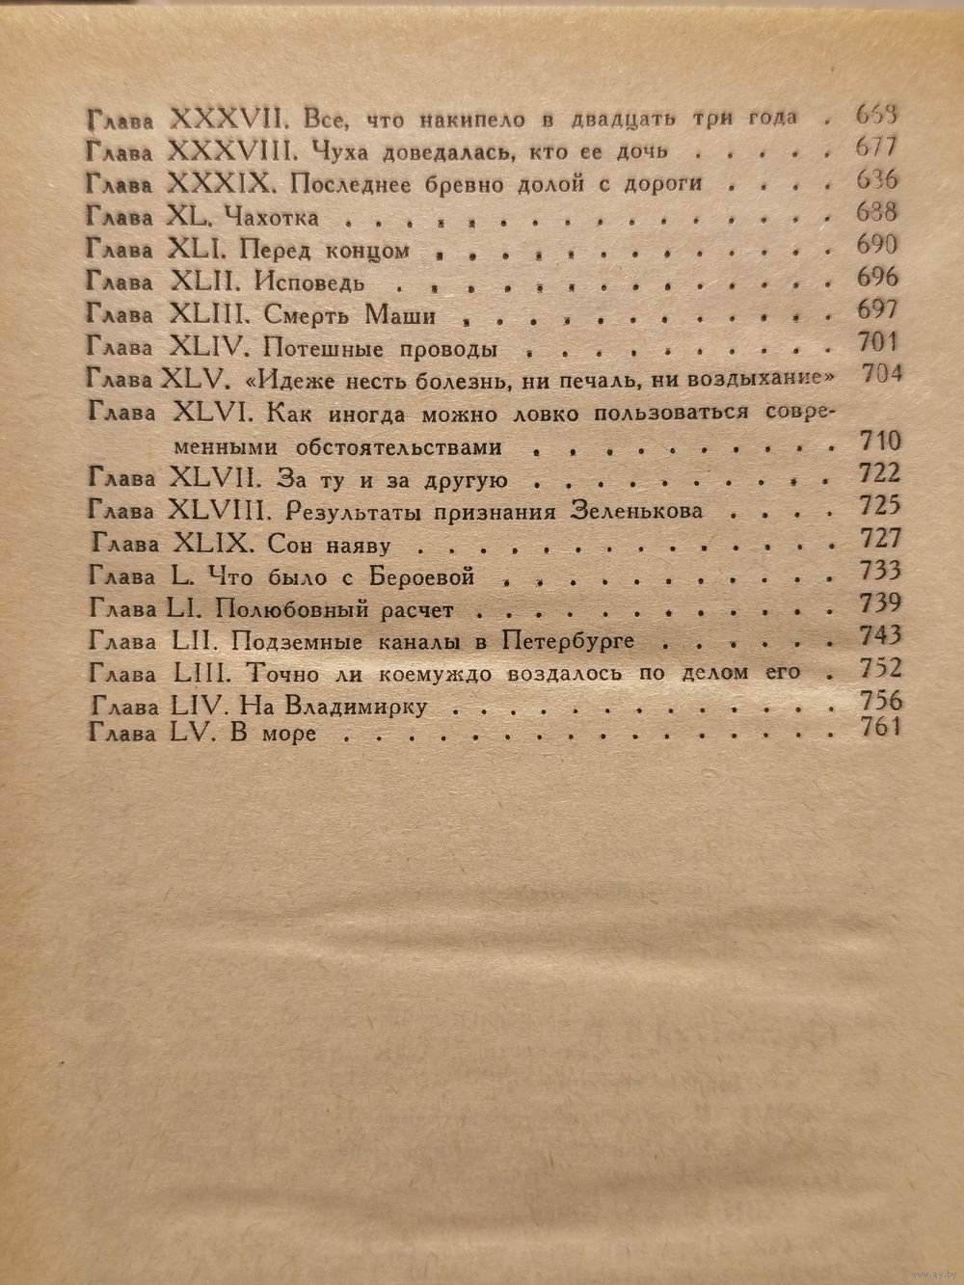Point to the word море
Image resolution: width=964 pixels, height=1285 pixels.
coord(288,735)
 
